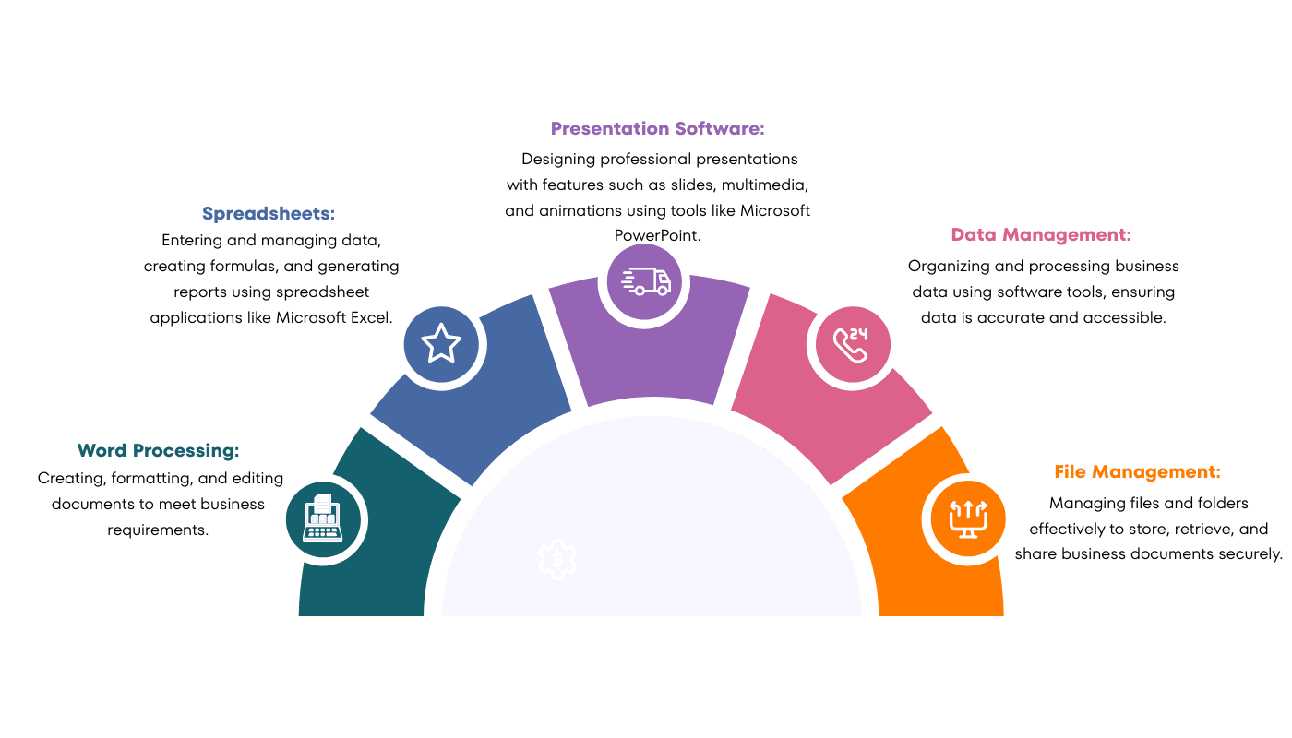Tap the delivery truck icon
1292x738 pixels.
click(645, 280)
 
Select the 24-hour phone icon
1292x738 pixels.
click(853, 343)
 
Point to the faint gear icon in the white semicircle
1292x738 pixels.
click(557, 559)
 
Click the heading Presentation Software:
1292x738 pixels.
click(658, 128)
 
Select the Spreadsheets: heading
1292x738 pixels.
click(269, 213)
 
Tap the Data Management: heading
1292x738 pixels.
click(1041, 235)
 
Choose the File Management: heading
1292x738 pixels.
click(1137, 471)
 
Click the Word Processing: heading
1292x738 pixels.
click(158, 450)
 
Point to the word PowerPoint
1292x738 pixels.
click(657, 235)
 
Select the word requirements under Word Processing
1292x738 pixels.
click(158, 530)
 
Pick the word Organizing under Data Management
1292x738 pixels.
click(952, 266)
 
